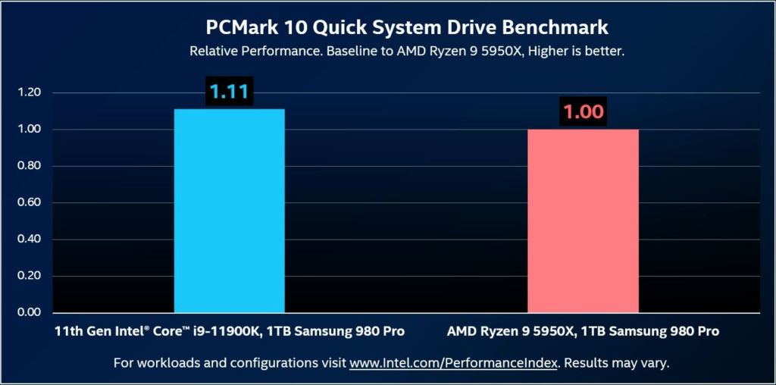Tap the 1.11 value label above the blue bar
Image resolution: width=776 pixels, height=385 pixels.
229,92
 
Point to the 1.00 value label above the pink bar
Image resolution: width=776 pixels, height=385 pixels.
583,112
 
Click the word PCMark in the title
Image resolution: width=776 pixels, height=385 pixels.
239,28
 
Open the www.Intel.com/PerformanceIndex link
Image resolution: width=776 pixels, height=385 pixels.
453,363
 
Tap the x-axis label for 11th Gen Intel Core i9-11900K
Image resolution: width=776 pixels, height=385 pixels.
229,331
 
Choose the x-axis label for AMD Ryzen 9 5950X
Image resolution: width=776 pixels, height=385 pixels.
583,331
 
